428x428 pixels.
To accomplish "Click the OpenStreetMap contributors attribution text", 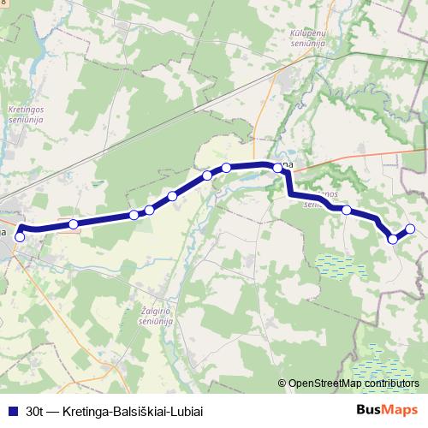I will coord(354,383).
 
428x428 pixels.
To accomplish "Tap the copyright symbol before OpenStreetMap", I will coord(282,383).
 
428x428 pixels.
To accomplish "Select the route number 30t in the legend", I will coord(36,410).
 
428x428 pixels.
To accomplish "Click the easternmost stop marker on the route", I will coord(410,229).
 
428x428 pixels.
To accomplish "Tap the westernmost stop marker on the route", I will coord(20,236).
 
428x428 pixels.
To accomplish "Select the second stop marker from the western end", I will coord(74,224).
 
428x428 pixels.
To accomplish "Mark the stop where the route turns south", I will coord(277,169).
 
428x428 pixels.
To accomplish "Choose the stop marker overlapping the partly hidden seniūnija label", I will coord(347,209).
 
